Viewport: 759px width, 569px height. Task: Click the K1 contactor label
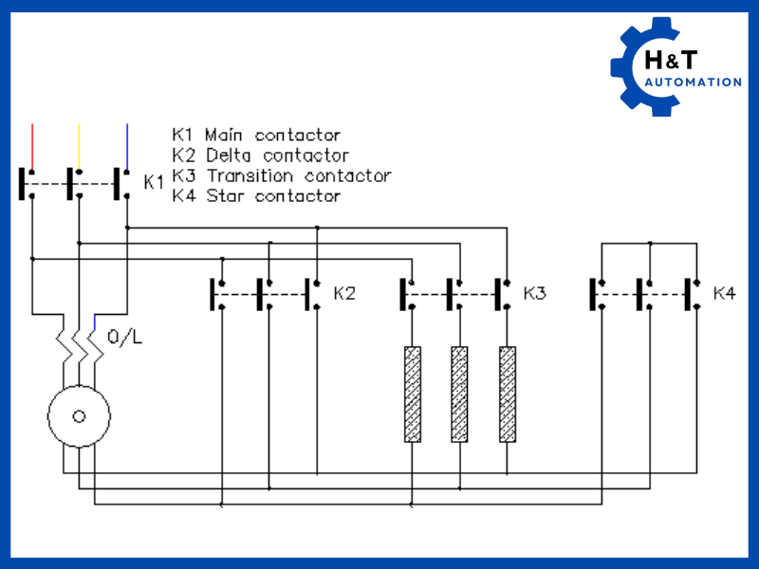coord(154,181)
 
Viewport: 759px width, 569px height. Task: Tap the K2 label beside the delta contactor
coord(344,293)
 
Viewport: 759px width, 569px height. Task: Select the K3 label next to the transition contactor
coord(535,293)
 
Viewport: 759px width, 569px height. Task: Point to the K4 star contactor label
coord(724,293)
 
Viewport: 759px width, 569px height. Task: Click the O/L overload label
coord(126,337)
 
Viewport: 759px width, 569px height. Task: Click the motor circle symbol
coord(80,415)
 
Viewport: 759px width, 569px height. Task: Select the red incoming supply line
coord(32,142)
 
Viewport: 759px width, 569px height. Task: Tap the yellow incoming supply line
coord(79,142)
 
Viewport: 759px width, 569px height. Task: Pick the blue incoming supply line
coord(126,142)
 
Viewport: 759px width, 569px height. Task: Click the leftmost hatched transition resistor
coord(413,394)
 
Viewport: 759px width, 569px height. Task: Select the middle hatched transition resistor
coord(459,394)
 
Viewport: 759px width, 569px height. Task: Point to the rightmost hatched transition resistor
coord(508,394)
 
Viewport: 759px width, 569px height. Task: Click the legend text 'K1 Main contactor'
coord(256,135)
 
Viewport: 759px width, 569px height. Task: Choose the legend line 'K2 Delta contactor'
coord(261,155)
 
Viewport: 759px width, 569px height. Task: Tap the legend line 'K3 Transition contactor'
coord(282,175)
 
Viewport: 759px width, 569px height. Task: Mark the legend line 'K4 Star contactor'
coord(256,195)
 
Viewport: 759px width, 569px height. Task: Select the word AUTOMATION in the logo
coord(693,83)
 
